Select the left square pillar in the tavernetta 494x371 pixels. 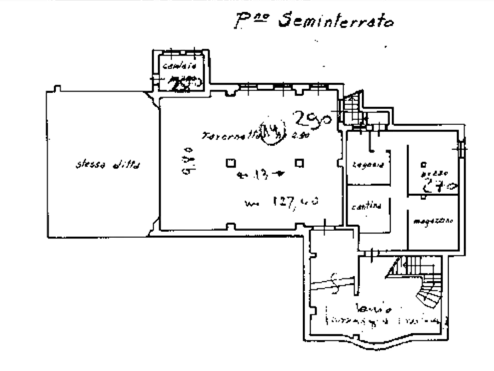(230, 163)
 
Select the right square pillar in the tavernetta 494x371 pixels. (299, 163)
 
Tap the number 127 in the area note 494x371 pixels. (284, 202)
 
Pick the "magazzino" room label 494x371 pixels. (433, 220)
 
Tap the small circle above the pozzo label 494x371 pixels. (423, 164)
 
